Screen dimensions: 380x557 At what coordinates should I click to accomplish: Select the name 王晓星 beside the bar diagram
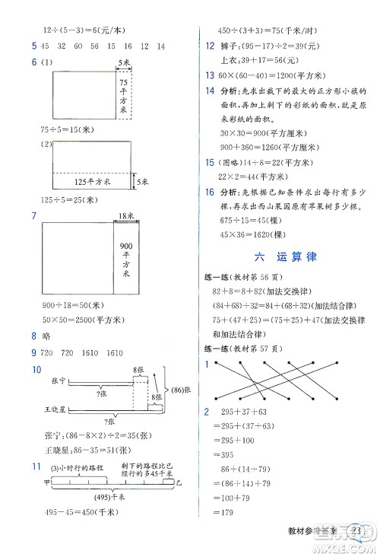[68, 409]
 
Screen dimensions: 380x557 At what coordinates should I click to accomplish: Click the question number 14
[210, 91]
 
